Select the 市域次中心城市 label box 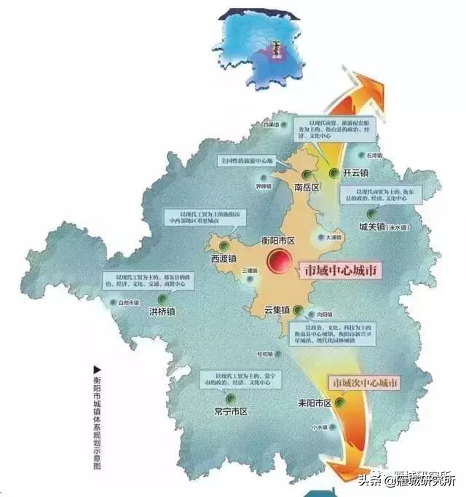tap(365, 383)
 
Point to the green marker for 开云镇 tap(334, 173)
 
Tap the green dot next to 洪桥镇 tap(163, 299)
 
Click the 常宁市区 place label tap(231, 411)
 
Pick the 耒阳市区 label tap(315, 402)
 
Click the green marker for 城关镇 tap(372, 214)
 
